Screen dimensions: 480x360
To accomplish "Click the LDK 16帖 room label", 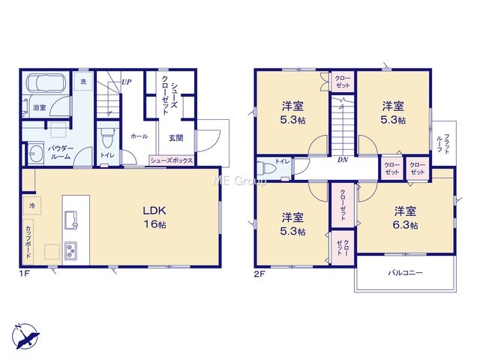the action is tap(155, 217).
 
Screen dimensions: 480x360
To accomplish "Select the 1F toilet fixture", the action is tap(106, 138).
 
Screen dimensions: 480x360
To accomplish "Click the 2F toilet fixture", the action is tap(267, 169).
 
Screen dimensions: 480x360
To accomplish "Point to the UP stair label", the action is tap(127, 82).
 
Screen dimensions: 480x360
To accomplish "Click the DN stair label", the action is tap(343, 160).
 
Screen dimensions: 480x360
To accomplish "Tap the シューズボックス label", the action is tap(172, 160).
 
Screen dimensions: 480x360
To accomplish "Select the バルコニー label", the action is tap(405, 272).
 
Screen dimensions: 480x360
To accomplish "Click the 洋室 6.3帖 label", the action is tap(405, 218).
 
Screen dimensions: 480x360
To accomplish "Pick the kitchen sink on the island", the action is tap(71, 220).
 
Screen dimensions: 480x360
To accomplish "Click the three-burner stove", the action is tap(70, 251).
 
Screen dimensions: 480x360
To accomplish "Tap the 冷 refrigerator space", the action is tap(32, 205).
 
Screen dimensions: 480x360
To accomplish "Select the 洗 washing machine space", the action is tap(83, 82).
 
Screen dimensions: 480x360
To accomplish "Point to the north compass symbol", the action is tap(26, 336).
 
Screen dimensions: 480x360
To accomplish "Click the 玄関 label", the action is tap(176, 138).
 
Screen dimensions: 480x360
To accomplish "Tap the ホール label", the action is tap(139, 136).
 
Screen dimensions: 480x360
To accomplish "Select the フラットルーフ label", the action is tap(443, 143).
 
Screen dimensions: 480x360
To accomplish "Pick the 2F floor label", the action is tap(259, 273).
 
